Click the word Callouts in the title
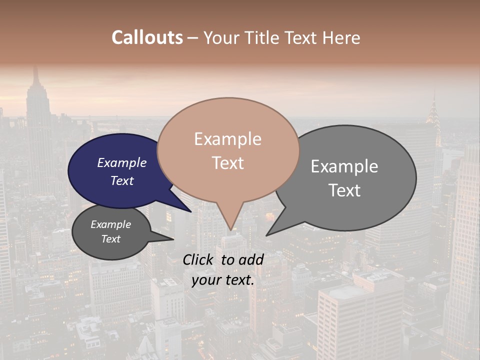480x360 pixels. [147, 37]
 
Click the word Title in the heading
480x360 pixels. [263, 37]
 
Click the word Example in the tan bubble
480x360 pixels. [227, 139]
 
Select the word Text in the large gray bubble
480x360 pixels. [344, 190]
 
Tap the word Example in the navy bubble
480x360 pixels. [122, 163]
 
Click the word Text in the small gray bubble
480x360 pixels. [111, 239]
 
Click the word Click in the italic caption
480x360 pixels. [198, 259]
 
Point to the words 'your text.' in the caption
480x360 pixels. [223, 280]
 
